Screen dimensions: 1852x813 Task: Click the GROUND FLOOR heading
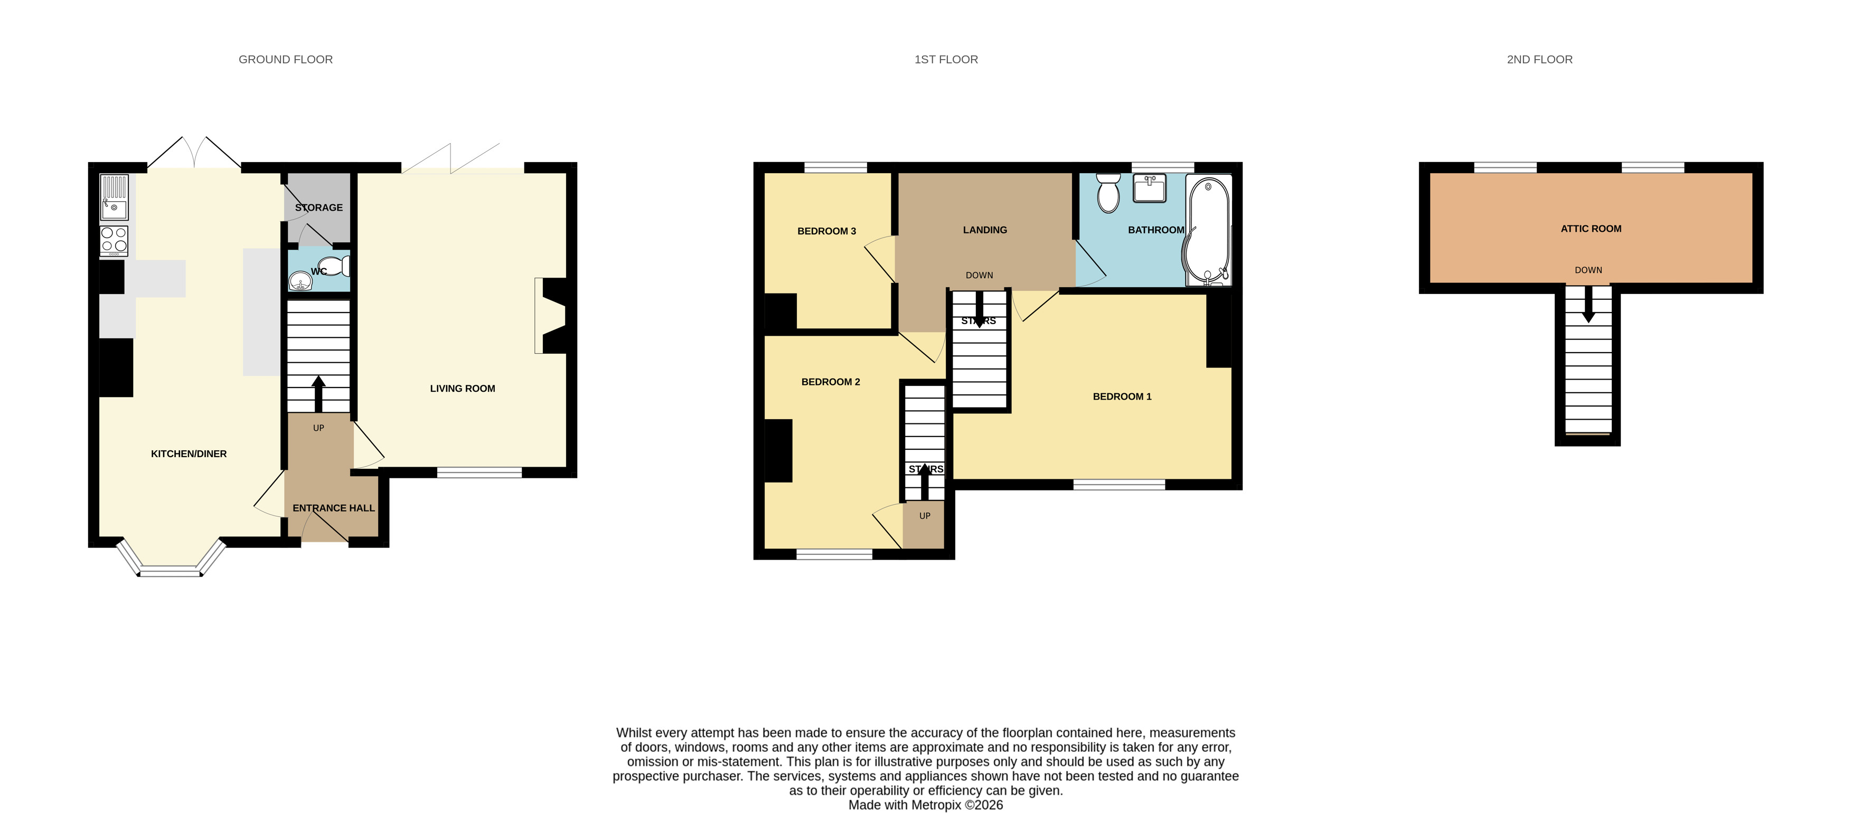(285, 60)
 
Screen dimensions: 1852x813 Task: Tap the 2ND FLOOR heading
(1539, 60)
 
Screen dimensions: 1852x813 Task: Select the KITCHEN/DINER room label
(189, 453)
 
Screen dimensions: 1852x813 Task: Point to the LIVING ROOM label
(462, 388)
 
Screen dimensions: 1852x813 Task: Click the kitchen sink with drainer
(114, 197)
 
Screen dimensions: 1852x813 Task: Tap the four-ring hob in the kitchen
(114, 241)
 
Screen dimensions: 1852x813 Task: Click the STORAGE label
(318, 208)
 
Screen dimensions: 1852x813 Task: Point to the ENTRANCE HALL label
(334, 508)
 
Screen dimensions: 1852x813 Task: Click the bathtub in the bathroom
(1208, 230)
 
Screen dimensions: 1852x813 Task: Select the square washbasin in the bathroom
(1150, 188)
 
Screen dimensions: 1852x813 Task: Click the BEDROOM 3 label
(827, 231)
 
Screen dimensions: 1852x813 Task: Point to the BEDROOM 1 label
(1122, 397)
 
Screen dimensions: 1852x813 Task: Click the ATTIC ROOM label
(1591, 229)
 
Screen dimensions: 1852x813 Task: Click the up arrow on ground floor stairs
(318, 394)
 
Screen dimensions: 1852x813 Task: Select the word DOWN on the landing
(979, 276)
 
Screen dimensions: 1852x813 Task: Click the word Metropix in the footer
(936, 805)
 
